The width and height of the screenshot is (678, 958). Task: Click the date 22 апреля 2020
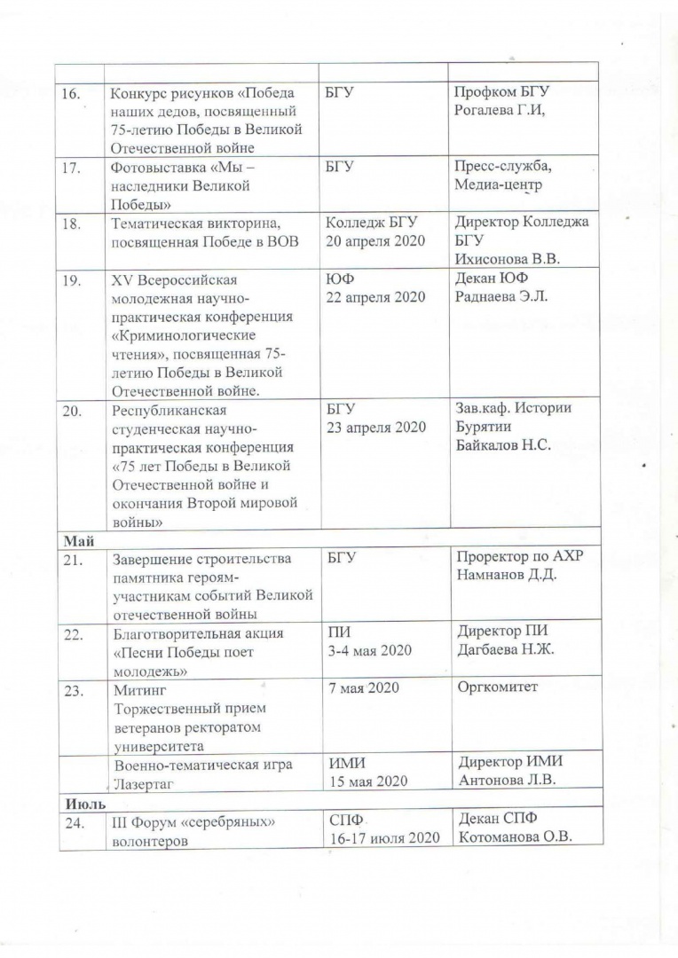pyautogui.click(x=376, y=297)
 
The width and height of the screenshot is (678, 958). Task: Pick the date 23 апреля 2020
pyautogui.click(x=376, y=427)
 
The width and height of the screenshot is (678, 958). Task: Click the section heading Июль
pyautogui.click(x=80, y=801)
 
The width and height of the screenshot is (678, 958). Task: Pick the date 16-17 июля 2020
pyautogui.click(x=384, y=839)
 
